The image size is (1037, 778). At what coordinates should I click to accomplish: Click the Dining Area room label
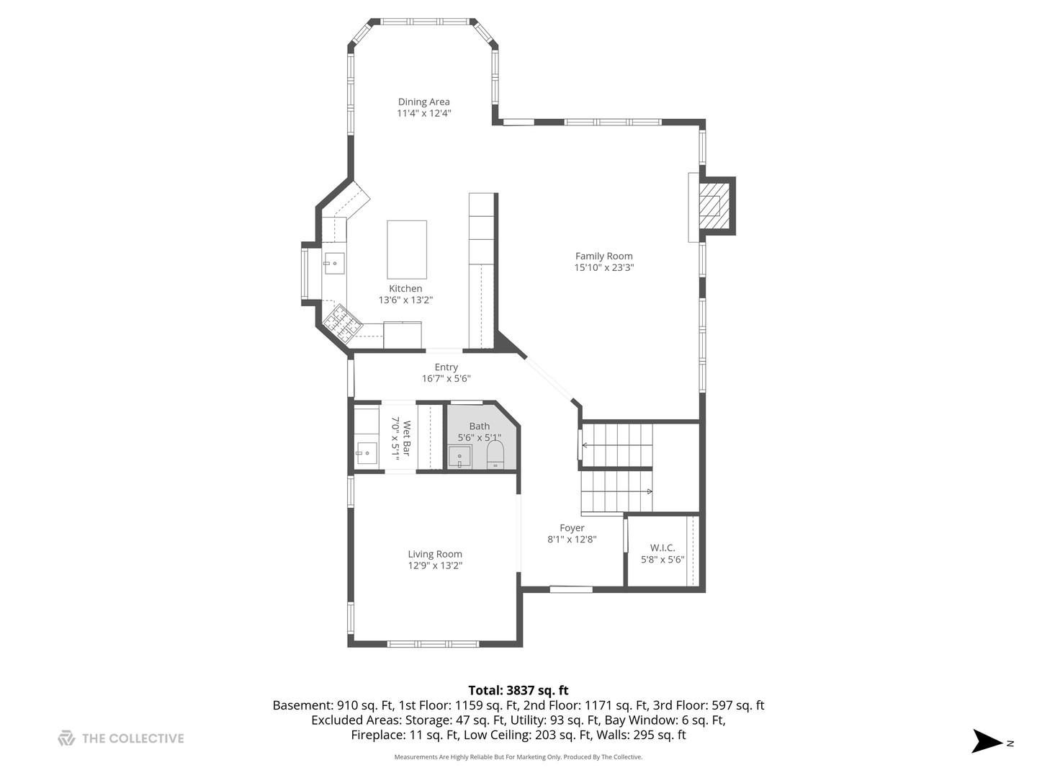point(423,102)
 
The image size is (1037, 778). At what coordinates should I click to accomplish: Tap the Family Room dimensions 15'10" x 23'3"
point(603,267)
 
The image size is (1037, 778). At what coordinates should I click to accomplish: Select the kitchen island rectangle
point(406,249)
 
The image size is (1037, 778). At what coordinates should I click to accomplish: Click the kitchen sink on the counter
point(333,264)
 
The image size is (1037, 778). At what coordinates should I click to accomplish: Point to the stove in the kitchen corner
point(343,323)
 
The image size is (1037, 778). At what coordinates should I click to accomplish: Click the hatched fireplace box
point(709,206)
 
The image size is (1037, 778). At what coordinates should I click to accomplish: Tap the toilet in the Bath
point(495,455)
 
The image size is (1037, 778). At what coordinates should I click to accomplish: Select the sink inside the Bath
point(459,457)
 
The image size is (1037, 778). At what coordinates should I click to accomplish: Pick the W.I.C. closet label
point(663,547)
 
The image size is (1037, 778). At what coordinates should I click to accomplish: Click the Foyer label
point(572,527)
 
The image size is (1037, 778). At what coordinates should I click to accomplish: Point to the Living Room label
point(435,554)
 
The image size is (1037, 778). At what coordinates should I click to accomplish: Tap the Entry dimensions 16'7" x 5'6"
point(446,378)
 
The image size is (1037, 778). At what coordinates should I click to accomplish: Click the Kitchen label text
point(405,288)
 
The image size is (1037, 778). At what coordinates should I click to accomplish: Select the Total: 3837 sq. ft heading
point(518,690)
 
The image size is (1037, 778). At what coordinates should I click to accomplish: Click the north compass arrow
point(987,741)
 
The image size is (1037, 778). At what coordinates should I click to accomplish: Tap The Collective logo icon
point(66,738)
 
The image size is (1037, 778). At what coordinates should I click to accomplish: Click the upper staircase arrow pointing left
point(617,445)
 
